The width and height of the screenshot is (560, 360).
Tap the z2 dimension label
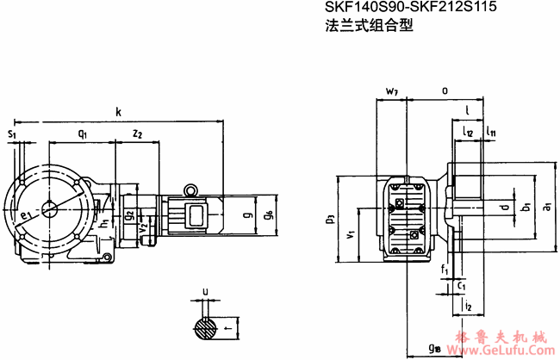[x=137, y=133]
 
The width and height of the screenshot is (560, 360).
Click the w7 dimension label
[x=392, y=90]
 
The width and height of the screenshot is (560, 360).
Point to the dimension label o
[x=444, y=89]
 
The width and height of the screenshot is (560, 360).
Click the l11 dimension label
[x=489, y=132]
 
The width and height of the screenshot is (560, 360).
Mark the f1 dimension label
[x=445, y=270]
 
